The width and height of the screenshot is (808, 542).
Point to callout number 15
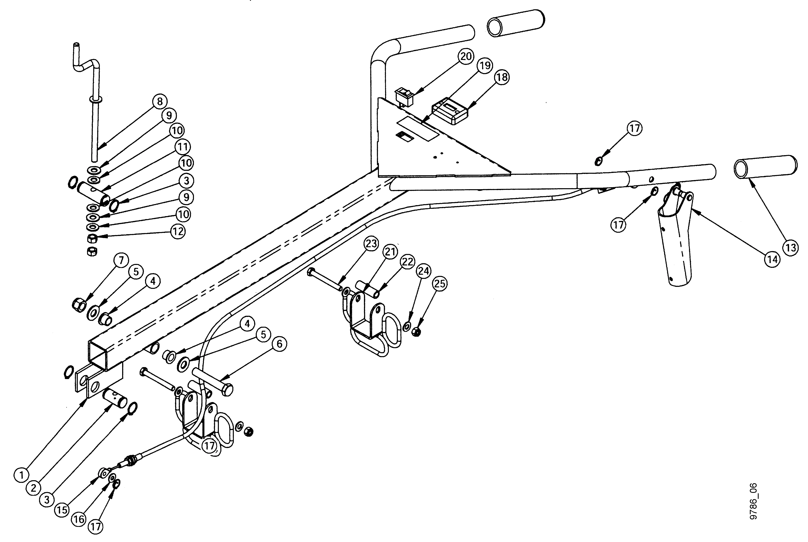tap(62, 510)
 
